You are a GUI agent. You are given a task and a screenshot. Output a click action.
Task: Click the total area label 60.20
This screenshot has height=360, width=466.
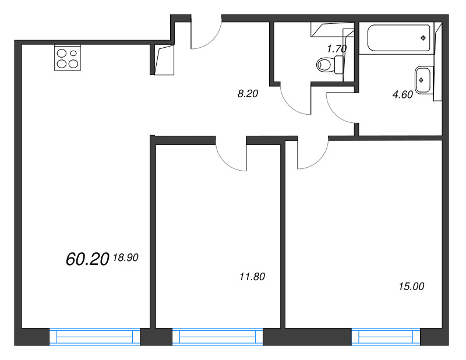(87, 259)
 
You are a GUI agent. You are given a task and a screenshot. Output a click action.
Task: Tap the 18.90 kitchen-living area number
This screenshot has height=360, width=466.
(126, 257)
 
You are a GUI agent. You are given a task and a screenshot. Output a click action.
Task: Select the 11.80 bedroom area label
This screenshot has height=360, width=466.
(252, 277)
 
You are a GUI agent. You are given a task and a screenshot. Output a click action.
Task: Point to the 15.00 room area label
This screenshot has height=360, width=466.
(411, 287)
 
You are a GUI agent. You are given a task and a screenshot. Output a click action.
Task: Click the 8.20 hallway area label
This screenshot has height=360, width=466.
(248, 94)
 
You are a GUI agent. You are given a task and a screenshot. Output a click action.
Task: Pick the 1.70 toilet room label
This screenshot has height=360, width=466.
(337, 48)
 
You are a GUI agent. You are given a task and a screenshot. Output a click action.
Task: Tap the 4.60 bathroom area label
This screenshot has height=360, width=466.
(403, 94)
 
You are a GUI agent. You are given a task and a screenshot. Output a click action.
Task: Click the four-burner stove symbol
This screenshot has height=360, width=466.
(68, 58)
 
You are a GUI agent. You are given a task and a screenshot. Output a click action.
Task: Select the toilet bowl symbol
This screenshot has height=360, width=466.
(330, 64)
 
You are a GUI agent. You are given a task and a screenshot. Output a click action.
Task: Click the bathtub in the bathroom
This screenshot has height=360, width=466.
(398, 38)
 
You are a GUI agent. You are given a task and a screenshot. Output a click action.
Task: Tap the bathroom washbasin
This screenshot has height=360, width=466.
(422, 80)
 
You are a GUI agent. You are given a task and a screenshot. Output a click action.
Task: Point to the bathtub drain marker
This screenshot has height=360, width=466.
(423, 38)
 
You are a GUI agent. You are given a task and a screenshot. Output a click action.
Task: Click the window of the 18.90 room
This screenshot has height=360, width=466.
(94, 337)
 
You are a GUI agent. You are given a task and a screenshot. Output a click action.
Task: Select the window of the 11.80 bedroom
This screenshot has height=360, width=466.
(217, 337)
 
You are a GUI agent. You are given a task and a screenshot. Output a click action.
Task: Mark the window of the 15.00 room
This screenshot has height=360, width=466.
(386, 337)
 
